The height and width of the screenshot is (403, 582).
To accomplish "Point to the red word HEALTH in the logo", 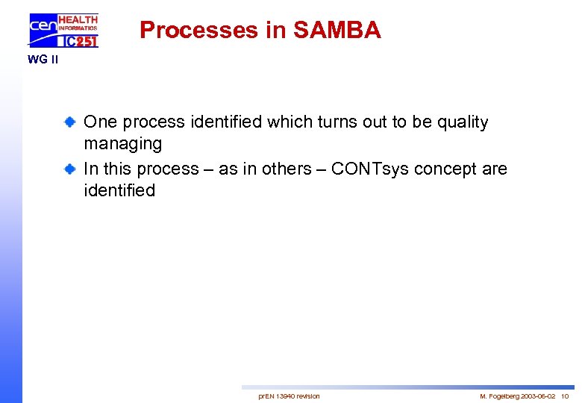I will (78, 19).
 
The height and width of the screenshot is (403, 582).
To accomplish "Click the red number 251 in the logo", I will (86, 41).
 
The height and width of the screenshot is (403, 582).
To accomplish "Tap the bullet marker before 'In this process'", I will (69, 169).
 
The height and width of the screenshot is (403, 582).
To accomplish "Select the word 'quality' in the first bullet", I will (463, 122).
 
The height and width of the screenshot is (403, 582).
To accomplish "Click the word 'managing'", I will (122, 143).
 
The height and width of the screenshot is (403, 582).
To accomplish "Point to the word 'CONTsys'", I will (370, 169).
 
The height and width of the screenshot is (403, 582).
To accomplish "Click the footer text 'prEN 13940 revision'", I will (289, 396).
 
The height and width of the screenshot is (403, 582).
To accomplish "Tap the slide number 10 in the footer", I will (565, 396).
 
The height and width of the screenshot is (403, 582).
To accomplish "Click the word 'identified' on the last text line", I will (119, 190).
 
